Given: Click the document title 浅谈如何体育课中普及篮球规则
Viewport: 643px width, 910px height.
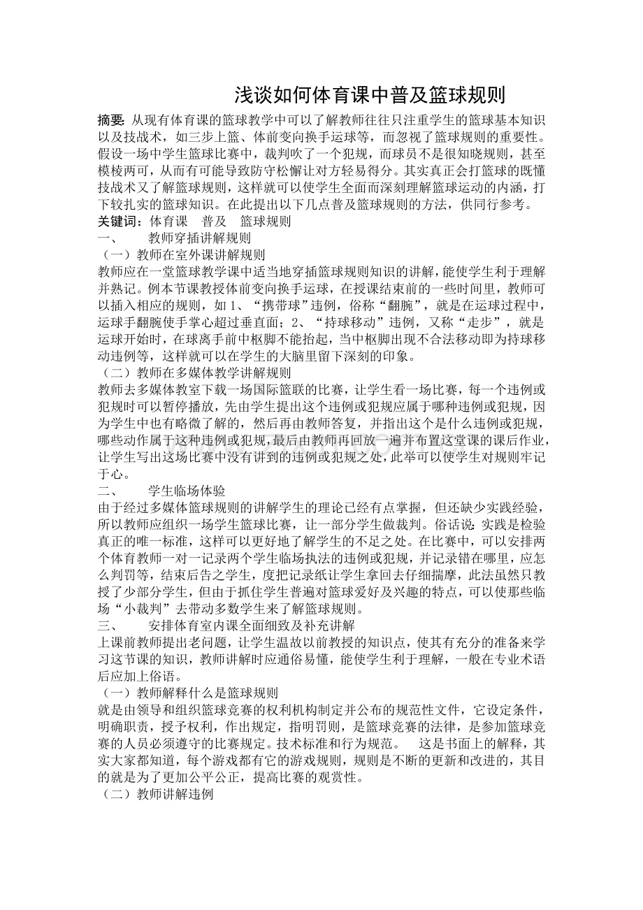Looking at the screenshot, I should click(369, 94).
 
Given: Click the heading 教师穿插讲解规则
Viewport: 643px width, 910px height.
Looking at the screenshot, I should click(190, 238).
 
